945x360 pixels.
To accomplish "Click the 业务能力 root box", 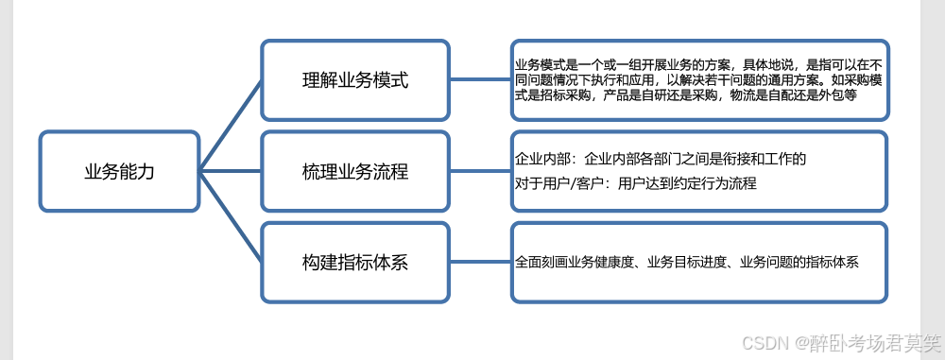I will click(120, 172).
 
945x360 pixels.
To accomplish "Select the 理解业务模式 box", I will click(354, 79).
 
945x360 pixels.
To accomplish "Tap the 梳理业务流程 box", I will click(354, 172).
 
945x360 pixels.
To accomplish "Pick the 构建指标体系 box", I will click(354, 263).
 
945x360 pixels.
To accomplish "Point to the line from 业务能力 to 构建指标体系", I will click(231, 217).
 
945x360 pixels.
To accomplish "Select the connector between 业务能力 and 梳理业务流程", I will click(231, 172).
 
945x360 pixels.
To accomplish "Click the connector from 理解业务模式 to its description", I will click(480, 79).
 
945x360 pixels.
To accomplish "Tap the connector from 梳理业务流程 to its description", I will click(480, 172).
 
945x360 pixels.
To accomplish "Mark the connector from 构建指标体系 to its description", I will click(480, 263).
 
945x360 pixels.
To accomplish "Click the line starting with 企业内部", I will click(661, 159).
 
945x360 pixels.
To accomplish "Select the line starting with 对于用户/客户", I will click(636, 183).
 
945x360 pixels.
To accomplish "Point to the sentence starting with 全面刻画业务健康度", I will click(687, 262).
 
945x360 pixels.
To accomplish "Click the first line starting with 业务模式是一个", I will click(697, 63).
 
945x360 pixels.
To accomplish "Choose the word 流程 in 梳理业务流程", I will click(389, 172).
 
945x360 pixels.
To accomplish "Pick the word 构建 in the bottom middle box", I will click(319, 263).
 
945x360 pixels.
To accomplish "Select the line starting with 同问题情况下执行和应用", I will click(697, 79).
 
